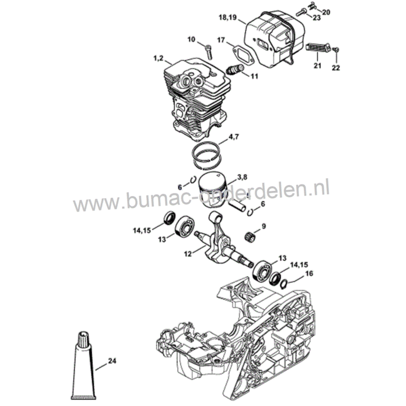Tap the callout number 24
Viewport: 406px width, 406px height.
(x=112, y=361)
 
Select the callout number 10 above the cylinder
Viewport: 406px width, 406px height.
(x=191, y=39)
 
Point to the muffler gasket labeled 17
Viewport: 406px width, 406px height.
(x=242, y=56)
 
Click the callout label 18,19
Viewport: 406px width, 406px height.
(x=227, y=17)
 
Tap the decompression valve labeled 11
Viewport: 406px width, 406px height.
(x=235, y=70)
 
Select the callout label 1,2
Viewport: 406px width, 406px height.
(x=158, y=58)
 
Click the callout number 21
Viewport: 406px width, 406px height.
(x=317, y=66)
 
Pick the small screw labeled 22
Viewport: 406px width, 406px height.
(x=336, y=49)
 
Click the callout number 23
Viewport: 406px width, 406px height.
(x=317, y=17)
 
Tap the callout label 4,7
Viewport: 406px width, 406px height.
(x=234, y=137)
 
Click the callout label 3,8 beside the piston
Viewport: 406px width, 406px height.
(x=242, y=177)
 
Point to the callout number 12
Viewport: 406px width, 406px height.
(x=188, y=254)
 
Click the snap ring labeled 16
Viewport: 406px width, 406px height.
(x=284, y=284)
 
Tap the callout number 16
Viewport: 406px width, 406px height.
(x=309, y=273)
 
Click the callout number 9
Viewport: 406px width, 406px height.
(x=264, y=226)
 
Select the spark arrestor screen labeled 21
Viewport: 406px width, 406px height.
(x=318, y=48)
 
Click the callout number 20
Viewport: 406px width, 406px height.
(x=326, y=12)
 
